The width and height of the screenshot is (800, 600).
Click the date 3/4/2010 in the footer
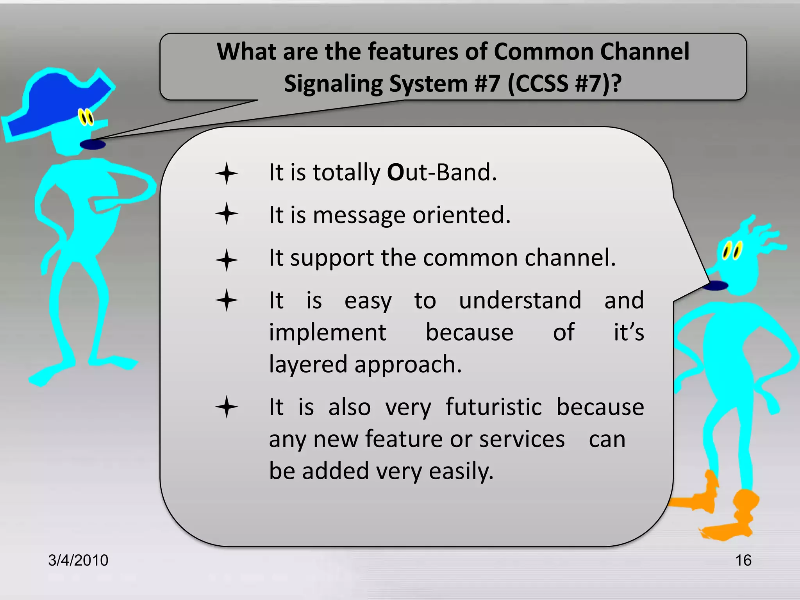[78, 560]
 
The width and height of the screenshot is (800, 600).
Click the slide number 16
[743, 560]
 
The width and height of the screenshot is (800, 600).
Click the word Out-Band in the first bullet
[441, 172]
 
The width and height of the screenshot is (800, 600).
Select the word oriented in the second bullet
[461, 215]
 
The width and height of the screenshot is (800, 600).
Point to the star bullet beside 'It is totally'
[227, 173]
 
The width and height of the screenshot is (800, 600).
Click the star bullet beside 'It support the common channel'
[227, 260]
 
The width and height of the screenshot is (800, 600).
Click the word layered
[308, 365]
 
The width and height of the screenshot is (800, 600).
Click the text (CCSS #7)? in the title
[564, 83]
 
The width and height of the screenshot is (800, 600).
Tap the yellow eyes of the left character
[86, 117]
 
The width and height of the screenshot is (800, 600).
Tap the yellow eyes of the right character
[732, 251]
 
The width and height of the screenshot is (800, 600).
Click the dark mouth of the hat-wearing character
[93, 145]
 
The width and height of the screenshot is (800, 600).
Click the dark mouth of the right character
[715, 286]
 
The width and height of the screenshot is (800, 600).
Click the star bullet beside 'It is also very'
[227, 407]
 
